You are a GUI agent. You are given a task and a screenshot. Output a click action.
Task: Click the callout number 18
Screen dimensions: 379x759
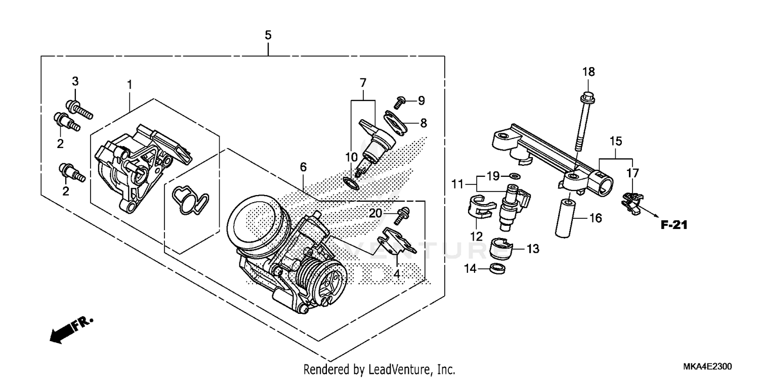(588, 72)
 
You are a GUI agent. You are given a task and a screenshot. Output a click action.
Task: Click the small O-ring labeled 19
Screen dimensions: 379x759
(514, 176)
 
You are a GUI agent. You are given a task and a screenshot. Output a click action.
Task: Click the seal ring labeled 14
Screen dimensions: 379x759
(498, 267)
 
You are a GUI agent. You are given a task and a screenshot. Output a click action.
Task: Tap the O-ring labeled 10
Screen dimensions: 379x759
(350, 182)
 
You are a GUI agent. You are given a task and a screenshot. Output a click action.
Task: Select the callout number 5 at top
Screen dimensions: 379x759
(268, 35)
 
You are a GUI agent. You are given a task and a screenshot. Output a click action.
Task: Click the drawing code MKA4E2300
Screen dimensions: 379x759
(707, 367)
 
